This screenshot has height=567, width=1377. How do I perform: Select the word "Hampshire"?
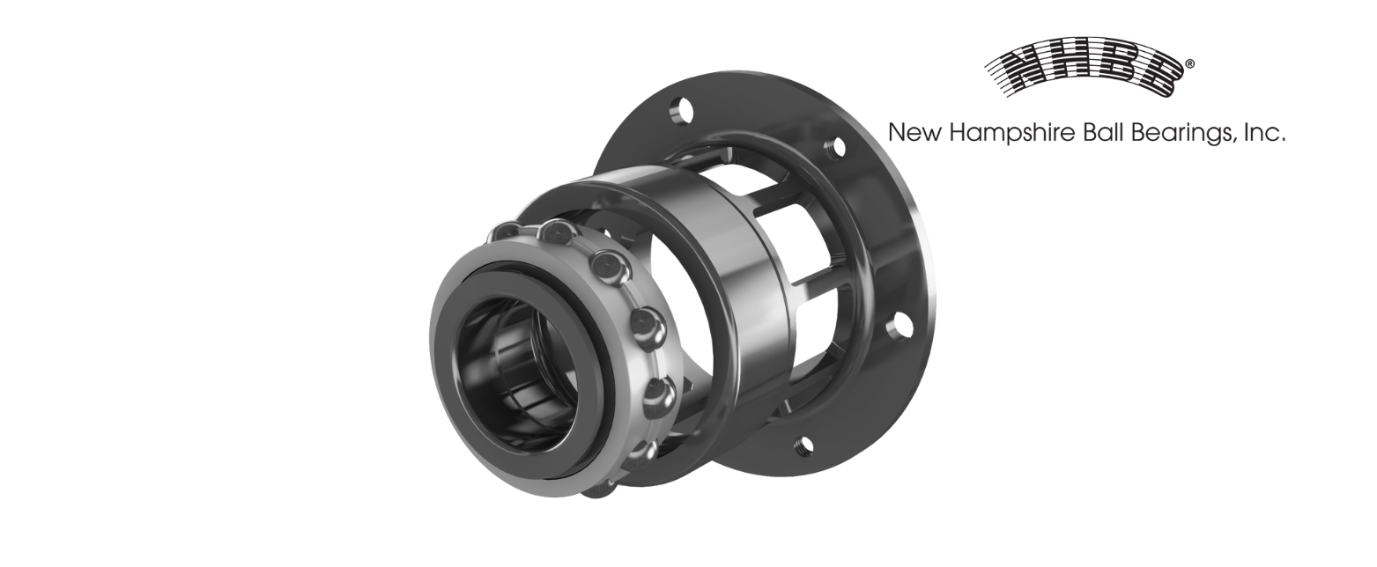(1014, 134)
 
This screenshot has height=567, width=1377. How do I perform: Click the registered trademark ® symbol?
(1190, 64)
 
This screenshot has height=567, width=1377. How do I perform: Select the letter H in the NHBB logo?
(1072, 70)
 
